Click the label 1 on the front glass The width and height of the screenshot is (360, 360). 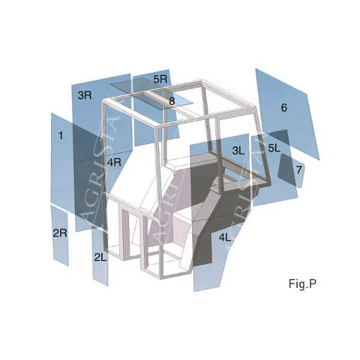pyautogui.click(x=61, y=136)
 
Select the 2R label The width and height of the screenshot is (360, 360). pyautogui.click(x=60, y=233)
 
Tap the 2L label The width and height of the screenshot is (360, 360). pyautogui.click(x=101, y=257)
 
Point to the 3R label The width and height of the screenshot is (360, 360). pyautogui.click(x=85, y=95)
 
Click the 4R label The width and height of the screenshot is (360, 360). pyautogui.click(x=114, y=163)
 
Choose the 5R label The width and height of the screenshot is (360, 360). pyautogui.click(x=160, y=79)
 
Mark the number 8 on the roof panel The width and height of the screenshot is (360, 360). pyautogui.click(x=172, y=101)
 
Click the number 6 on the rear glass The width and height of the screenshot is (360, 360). pyautogui.click(x=284, y=107)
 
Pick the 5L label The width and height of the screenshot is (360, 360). pyautogui.click(x=274, y=148)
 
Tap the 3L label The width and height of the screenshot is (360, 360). pyautogui.click(x=238, y=151)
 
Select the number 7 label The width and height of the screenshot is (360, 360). pyautogui.click(x=299, y=170)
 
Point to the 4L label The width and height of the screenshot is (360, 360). pyautogui.click(x=225, y=238)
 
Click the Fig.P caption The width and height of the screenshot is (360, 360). pyautogui.click(x=302, y=284)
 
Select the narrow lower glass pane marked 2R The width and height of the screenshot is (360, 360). pyautogui.click(x=59, y=236)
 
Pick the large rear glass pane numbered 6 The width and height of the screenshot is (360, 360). pyautogui.click(x=287, y=113)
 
